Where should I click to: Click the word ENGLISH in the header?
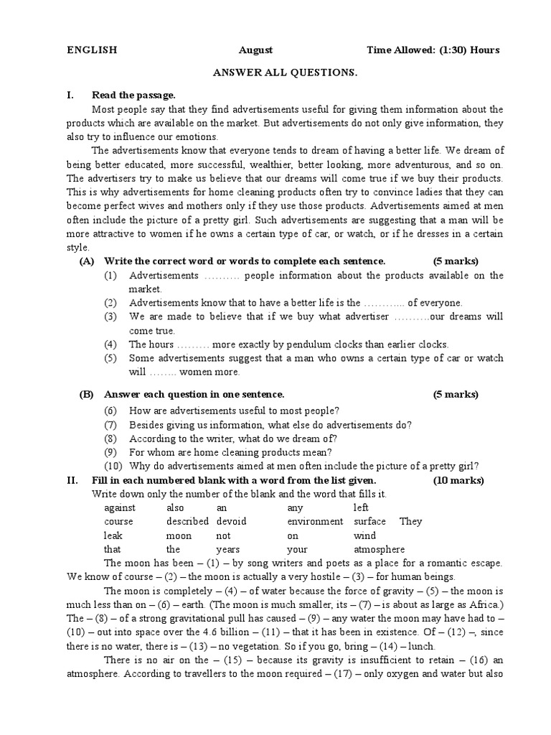[x=92, y=50]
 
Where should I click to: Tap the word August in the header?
[x=255, y=50]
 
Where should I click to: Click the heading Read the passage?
[x=133, y=95]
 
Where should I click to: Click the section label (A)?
[x=87, y=261]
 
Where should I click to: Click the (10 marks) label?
[x=458, y=480]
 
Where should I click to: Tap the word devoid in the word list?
[x=231, y=522]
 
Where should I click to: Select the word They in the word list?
[x=411, y=522]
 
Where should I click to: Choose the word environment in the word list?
[x=315, y=522]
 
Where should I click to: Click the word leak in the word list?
[x=113, y=536]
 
